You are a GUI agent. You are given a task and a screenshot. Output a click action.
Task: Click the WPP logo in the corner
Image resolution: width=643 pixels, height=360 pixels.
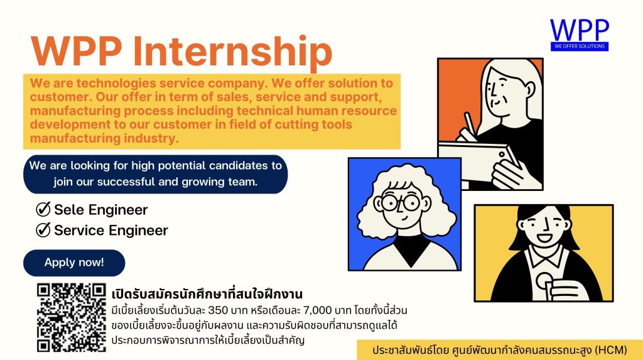pyautogui.click(x=580, y=35)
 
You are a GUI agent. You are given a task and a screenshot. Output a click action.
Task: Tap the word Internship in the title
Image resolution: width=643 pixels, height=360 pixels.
pyautogui.click(x=232, y=52)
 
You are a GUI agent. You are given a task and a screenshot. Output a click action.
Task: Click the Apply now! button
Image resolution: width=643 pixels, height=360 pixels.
pyautogui.click(x=74, y=263)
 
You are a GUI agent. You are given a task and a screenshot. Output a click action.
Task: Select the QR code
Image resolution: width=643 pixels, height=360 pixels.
pyautogui.click(x=72, y=317)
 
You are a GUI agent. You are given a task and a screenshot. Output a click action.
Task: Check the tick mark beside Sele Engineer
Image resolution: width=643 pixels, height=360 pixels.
pyautogui.click(x=43, y=209)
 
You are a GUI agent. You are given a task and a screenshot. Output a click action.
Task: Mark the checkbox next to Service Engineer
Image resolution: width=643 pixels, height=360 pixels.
pyautogui.click(x=43, y=230)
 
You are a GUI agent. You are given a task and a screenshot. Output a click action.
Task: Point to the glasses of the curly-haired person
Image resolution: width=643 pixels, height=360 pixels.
pyautogui.click(x=400, y=202)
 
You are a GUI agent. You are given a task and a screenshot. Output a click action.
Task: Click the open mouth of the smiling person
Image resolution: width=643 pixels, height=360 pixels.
pyautogui.click(x=545, y=237)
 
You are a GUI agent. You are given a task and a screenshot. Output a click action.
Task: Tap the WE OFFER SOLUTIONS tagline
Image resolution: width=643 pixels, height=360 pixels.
pyautogui.click(x=580, y=46)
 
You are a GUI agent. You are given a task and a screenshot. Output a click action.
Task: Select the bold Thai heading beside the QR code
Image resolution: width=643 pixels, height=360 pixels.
pyautogui.click(x=207, y=294)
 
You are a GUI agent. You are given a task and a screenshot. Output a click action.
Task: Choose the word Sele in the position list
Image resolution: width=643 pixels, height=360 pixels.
pyautogui.click(x=69, y=210)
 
